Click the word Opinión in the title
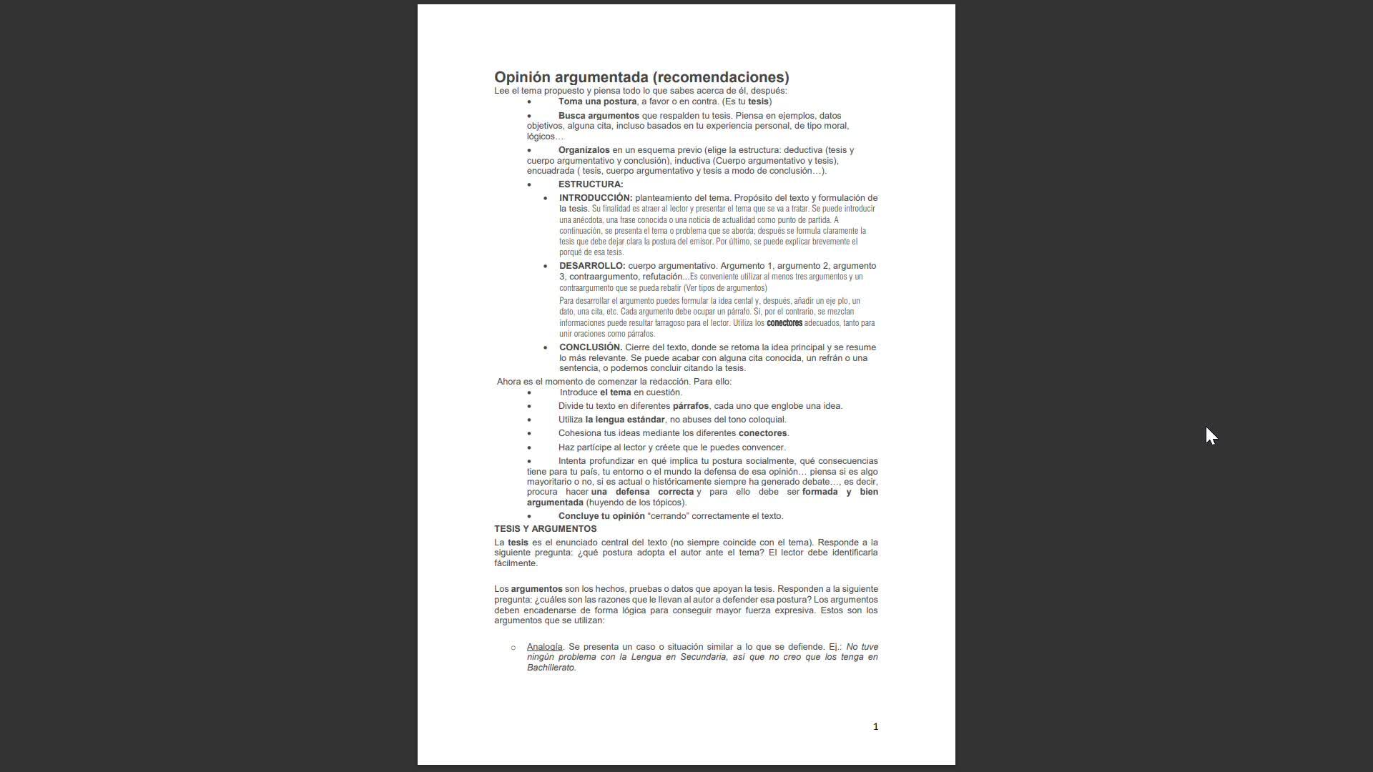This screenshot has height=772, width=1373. click(521, 77)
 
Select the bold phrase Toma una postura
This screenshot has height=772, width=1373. click(597, 102)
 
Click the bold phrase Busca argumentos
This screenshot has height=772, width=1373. click(599, 116)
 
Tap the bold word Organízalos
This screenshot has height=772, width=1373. click(584, 150)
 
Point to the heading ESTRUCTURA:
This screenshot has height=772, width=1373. click(591, 184)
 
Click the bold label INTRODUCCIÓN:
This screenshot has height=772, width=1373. click(596, 198)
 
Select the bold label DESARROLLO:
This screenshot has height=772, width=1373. click(592, 266)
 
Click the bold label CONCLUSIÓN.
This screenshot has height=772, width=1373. click(591, 347)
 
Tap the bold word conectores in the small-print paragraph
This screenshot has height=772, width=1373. click(784, 323)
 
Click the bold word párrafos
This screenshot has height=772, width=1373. click(690, 406)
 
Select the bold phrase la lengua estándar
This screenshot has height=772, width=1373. click(624, 420)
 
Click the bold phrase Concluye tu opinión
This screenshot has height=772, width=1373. click(601, 516)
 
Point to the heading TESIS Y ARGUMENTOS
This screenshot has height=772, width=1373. click(545, 529)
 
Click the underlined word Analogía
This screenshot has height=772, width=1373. click(544, 647)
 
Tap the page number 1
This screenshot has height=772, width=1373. click(875, 727)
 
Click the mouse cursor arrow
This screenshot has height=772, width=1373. click(1210, 435)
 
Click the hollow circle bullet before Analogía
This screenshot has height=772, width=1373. click(513, 648)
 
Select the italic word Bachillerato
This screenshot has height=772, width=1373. click(551, 668)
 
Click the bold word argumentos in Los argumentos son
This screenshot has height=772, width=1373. click(536, 589)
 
